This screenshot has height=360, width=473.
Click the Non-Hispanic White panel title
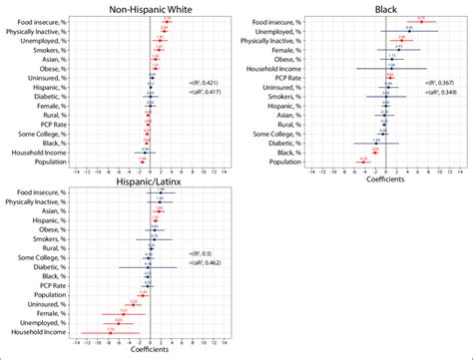[150, 8]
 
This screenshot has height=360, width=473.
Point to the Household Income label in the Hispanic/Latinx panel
[37, 332]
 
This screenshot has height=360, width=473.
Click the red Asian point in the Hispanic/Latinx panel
[158, 210]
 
